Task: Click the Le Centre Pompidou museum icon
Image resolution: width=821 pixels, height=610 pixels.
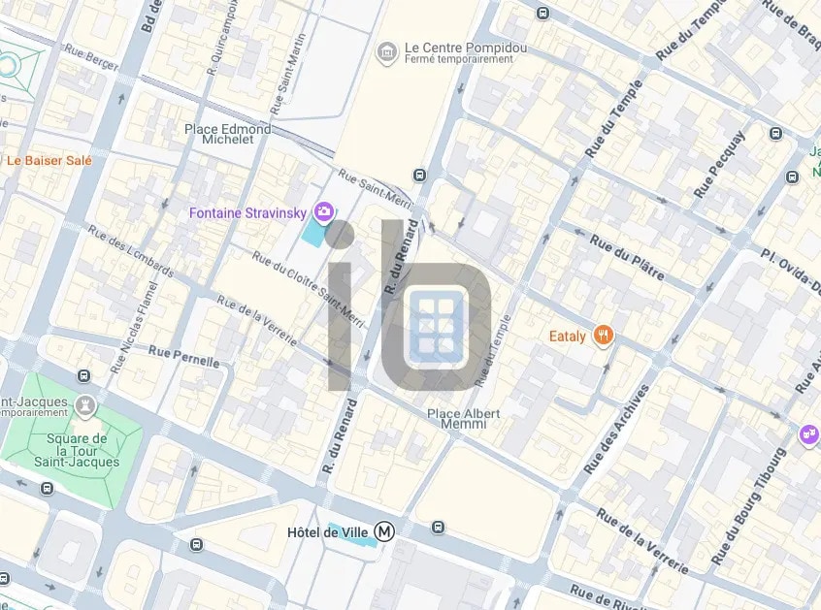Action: pyautogui.click(x=388, y=50)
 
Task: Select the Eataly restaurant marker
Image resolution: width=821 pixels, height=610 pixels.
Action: pyautogui.click(x=604, y=337)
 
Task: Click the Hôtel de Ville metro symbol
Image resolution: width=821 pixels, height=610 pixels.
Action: pyautogui.click(x=386, y=531)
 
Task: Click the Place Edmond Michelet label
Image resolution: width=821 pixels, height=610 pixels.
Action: pyautogui.click(x=228, y=134)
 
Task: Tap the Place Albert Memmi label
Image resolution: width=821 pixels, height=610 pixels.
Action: pyautogui.click(x=464, y=418)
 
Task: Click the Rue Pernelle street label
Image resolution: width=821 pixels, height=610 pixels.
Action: pyautogui.click(x=183, y=355)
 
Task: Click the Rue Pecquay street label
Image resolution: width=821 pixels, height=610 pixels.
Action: pyautogui.click(x=720, y=165)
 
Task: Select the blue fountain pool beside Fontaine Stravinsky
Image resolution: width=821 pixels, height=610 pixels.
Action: pyautogui.click(x=315, y=233)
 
